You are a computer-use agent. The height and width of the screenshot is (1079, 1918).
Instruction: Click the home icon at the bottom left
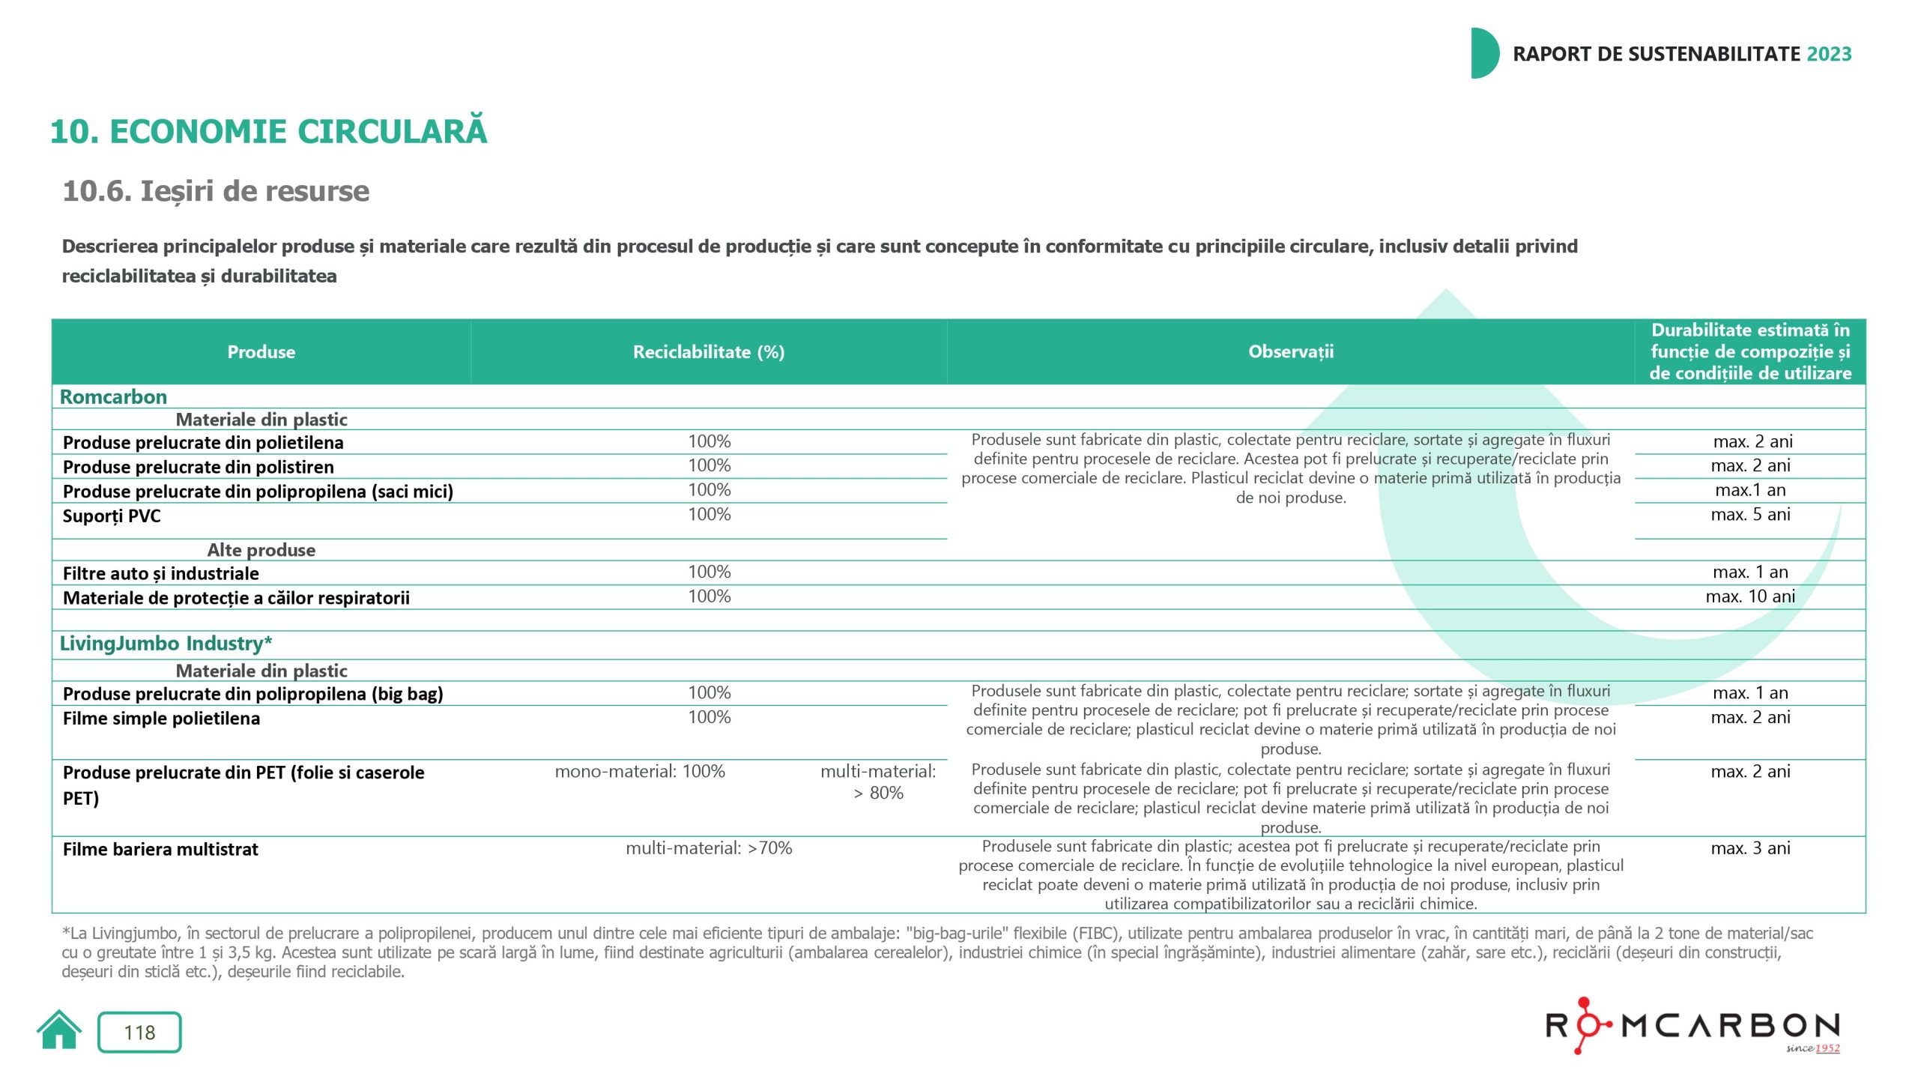pos(59,1031)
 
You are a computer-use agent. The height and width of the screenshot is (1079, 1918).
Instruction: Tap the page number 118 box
pos(139,1033)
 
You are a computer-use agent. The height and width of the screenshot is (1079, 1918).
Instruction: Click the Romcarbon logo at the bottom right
pos(1692,1026)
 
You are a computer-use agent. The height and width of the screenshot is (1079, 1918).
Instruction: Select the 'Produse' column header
pos(261,352)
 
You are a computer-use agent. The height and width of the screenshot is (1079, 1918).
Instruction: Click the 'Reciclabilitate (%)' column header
pos(708,352)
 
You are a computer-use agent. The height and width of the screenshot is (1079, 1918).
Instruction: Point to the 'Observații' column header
pos(1290,352)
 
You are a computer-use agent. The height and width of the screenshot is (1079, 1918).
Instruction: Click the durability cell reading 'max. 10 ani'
pos(1749,597)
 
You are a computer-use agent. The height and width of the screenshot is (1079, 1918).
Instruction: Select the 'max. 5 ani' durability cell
pos(1749,515)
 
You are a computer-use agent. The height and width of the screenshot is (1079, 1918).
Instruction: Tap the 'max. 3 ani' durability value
pos(1749,848)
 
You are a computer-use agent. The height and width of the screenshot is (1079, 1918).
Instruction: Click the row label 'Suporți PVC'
pos(112,516)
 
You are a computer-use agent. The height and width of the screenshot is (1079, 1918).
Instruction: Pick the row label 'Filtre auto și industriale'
pos(160,574)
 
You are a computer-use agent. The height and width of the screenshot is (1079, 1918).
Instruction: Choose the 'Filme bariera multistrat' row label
pos(160,850)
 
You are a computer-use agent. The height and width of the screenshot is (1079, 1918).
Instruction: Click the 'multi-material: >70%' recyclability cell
pos(709,848)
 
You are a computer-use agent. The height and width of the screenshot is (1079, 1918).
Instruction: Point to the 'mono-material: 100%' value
pos(640,772)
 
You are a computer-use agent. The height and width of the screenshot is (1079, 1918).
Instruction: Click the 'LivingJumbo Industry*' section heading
pos(166,644)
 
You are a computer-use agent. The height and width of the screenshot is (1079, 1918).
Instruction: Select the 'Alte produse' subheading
pos(261,551)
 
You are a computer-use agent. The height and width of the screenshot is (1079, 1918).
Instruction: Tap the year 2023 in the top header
pos(1829,54)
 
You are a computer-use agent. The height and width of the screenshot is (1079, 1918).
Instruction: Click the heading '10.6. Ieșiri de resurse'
pos(216,192)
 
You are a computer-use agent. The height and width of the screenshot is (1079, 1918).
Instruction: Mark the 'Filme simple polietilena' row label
pos(161,719)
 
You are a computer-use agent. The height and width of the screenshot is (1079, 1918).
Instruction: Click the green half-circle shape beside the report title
pos(1483,53)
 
